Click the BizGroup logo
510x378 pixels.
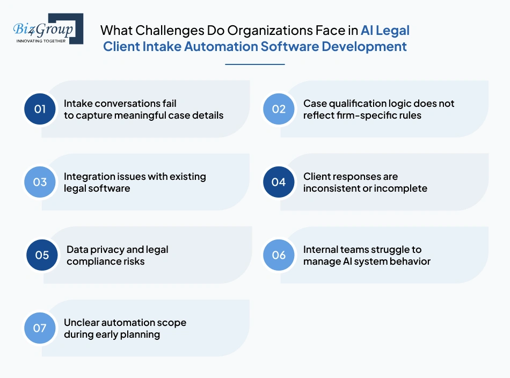[x=48, y=29]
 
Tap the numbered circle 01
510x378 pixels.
[x=40, y=109]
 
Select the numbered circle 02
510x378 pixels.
[x=279, y=109]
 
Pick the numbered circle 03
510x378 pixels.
[x=40, y=182]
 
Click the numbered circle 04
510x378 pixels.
[x=279, y=182]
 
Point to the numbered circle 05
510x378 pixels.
[x=42, y=255]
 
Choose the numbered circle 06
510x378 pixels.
[x=279, y=255]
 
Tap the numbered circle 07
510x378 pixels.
[x=40, y=328]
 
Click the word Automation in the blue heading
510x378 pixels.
[x=221, y=47]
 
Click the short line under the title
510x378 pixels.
[x=254, y=64]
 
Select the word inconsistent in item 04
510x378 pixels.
[x=333, y=188]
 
